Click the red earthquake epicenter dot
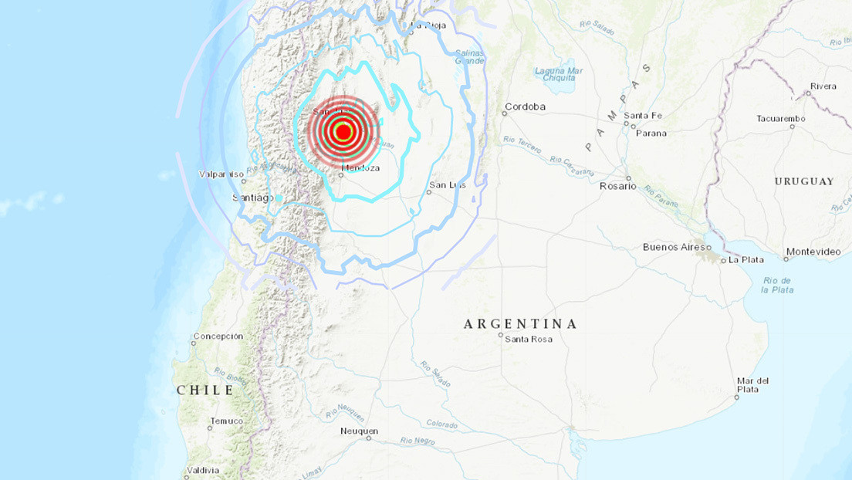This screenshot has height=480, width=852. pos(343,132)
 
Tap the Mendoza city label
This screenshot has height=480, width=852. pos(362,168)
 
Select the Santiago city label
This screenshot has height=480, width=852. pos(252,198)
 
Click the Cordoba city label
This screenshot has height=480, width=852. pos(526,106)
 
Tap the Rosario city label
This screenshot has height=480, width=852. pos(617,186)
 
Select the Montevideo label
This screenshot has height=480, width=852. pos(813,252)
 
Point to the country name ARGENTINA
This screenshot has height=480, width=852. pos(520,324)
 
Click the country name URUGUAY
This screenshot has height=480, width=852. pos(804,181)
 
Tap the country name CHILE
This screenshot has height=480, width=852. pos(205,390)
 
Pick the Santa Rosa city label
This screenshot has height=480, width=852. pos(529,340)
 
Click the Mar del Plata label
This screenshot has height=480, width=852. pos(752,385)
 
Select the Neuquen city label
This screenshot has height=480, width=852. pos(359,431)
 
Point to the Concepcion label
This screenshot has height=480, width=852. pos(218,336)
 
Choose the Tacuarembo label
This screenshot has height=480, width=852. pos(781,119)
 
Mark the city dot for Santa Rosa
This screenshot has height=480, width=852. pos(502,335)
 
